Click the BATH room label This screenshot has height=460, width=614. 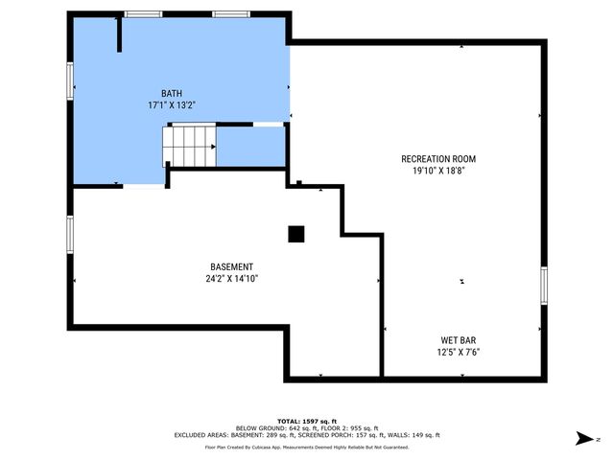[x=173, y=93]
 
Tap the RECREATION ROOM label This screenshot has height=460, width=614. [x=437, y=159]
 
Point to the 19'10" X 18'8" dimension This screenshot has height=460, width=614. [x=437, y=171]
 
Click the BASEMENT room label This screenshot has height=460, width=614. [x=231, y=266]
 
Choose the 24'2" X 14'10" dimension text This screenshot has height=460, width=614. [x=231, y=278]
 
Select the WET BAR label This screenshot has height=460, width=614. [x=459, y=340]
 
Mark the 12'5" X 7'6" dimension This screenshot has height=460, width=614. [x=459, y=352]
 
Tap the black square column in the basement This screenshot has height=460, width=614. [x=295, y=233]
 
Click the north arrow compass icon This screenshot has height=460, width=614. [x=582, y=438]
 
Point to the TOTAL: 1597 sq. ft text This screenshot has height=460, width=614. [x=306, y=421]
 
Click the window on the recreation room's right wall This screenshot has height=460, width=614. [x=543, y=285]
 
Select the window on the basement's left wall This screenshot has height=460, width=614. [x=69, y=234]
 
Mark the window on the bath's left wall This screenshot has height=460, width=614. [x=69, y=80]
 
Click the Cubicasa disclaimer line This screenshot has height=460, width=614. [x=306, y=447]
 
